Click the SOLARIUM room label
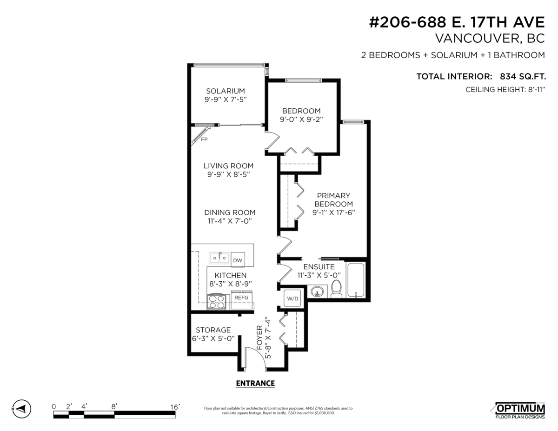coord(226,91)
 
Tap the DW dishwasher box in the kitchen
coord(238,260)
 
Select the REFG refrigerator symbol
coord(241,298)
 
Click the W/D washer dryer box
coord(293,298)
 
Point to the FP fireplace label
coord(204,139)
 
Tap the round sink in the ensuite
coord(318,292)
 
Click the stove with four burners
coord(216,302)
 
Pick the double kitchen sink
coord(219,257)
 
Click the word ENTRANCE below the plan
coord(255,384)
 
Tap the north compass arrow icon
coord(21,409)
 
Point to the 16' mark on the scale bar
coord(175,406)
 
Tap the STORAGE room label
coord(213,330)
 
